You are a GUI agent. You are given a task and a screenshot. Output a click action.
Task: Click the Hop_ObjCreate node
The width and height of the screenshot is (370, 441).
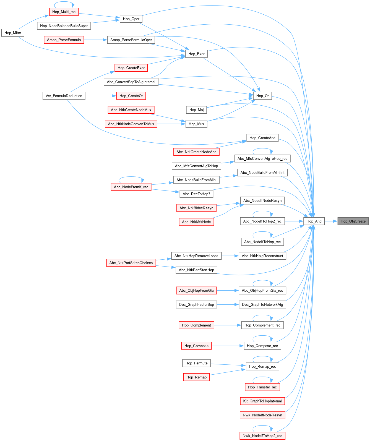[x=353, y=221]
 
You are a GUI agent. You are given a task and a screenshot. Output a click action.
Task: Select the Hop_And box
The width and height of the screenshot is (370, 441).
[x=314, y=221]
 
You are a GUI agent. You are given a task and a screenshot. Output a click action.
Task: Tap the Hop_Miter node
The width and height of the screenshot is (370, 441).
[x=13, y=33]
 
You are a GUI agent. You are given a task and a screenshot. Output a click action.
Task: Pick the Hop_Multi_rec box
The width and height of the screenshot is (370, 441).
[x=64, y=12]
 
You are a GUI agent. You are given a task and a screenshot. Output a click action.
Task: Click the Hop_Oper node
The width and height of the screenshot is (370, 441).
[x=131, y=19]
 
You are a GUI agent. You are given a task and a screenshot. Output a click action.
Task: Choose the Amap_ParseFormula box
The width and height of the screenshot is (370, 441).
[x=64, y=40]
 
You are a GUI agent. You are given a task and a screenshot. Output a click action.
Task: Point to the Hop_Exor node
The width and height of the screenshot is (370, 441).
[x=196, y=54]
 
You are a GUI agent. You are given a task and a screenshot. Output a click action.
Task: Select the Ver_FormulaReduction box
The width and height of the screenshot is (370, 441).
[x=64, y=96]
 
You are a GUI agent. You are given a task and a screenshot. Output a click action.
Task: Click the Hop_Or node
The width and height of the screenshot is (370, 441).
[x=262, y=96]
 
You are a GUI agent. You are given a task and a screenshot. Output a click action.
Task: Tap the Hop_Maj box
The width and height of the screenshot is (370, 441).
[x=196, y=110]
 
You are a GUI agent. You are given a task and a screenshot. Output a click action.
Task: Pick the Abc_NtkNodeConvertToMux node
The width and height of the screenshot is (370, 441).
[x=131, y=124]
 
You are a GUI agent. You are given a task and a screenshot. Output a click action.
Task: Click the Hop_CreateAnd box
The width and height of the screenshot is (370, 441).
[x=262, y=138]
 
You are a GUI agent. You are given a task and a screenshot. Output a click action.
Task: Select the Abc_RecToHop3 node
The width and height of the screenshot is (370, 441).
[x=196, y=194]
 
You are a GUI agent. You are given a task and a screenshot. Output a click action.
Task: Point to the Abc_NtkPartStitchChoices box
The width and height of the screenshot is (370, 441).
[x=131, y=263]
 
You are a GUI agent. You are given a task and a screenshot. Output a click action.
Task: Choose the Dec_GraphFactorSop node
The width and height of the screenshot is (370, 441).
[x=196, y=305]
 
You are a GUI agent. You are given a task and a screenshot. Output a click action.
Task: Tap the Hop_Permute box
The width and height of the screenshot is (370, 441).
[x=196, y=363]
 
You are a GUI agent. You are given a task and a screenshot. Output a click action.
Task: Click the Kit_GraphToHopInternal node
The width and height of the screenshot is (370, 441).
[x=262, y=401]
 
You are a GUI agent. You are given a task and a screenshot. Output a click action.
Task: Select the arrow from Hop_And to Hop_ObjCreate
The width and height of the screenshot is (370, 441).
[x=331, y=221]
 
